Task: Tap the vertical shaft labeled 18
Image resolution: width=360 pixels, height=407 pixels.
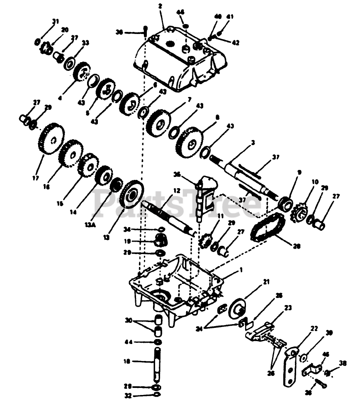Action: coord(157,364)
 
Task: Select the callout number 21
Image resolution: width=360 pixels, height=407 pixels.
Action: coord(265,282)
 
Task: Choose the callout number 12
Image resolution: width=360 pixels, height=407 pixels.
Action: coord(177,191)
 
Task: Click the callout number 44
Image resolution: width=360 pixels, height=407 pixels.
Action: coord(129,342)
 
